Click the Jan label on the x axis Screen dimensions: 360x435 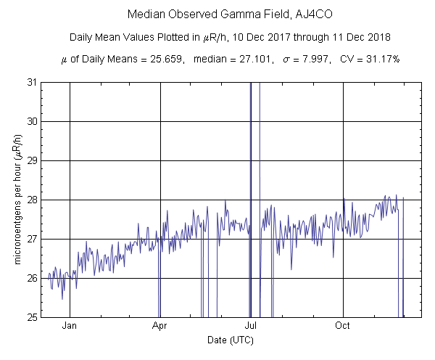(70, 327)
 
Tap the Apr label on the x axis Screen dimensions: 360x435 (159, 327)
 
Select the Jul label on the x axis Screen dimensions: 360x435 (251, 327)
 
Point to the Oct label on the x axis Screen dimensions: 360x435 (343, 327)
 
